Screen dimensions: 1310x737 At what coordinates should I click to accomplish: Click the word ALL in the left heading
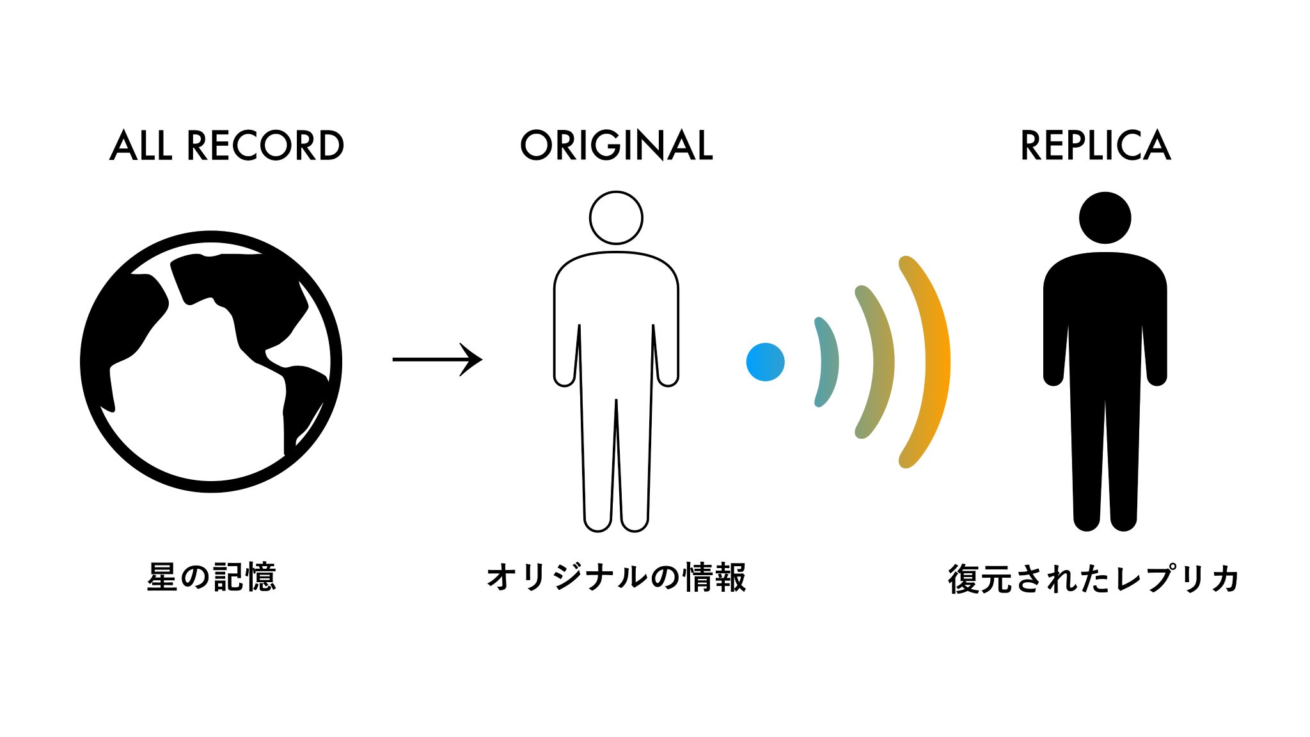141,146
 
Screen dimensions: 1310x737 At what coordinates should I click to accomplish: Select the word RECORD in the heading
265,146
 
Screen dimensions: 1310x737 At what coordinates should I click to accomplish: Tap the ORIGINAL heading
616,146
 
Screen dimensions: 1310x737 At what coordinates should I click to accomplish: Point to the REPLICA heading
1095,146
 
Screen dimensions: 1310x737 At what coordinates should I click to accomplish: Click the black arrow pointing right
438,360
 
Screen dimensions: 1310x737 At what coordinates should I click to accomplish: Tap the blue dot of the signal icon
765,362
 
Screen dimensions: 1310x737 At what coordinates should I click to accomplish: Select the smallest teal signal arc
827,362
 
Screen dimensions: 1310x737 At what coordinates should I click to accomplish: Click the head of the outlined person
616,218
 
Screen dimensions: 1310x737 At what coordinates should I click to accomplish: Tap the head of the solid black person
1105,218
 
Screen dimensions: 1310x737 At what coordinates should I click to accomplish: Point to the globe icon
211,362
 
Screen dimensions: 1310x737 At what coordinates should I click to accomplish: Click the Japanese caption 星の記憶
211,577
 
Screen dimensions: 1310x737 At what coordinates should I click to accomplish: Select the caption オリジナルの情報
616,577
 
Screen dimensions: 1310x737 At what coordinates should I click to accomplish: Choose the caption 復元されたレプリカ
1094,579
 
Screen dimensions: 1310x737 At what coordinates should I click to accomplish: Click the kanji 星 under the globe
162,577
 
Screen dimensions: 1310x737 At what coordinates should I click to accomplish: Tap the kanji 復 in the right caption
963,579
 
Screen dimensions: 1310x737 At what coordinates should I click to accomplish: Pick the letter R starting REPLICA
1031,146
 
